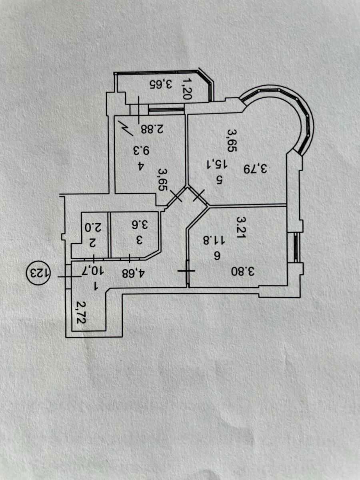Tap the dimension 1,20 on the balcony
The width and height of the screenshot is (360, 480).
coord(187,88)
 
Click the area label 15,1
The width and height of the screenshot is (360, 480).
coord(220,164)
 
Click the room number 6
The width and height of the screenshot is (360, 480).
coord(216,258)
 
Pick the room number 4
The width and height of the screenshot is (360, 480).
coord(141,167)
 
